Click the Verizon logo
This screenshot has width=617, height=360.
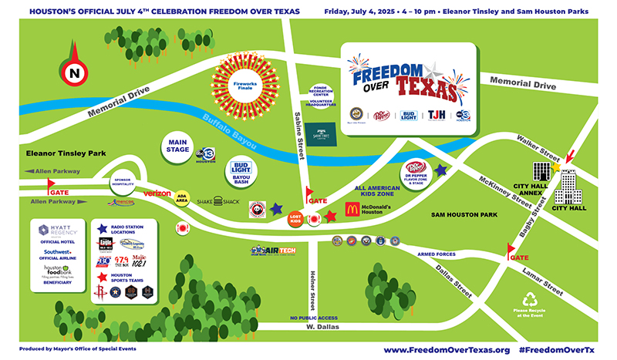tap(157, 193)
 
